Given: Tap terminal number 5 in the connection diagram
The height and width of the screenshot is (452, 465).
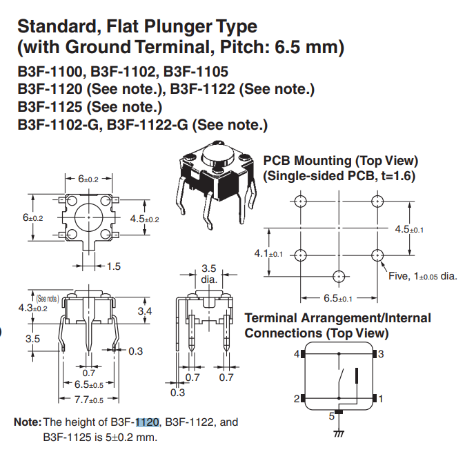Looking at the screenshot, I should click(330, 417).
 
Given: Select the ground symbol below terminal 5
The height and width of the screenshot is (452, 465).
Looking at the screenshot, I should click(339, 433).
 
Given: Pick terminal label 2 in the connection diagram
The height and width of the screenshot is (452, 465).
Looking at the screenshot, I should click(297, 399).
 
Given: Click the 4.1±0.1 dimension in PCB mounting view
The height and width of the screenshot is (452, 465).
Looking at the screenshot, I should click(269, 253).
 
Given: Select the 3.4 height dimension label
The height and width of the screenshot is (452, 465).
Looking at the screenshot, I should click(144, 312).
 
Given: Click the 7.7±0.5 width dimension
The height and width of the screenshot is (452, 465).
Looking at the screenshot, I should click(88, 400).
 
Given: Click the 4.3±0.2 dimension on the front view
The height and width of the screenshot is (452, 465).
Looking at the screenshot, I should click(32, 308).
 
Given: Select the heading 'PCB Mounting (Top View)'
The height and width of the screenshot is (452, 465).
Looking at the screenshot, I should click(341, 161).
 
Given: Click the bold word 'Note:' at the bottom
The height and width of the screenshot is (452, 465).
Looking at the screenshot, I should click(28, 422).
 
